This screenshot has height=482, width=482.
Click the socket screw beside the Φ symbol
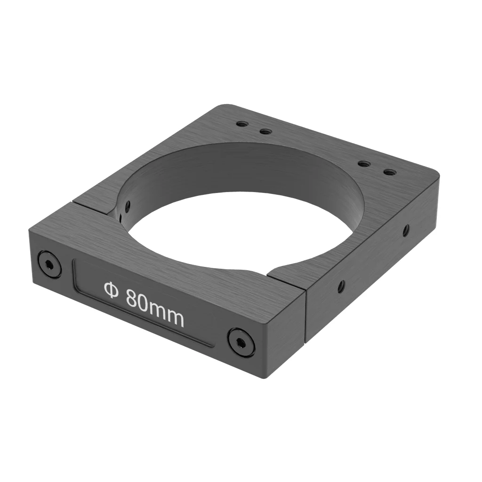click(49, 264)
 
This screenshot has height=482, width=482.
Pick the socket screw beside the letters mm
click(241, 340)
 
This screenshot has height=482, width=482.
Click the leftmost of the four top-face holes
click(242, 124)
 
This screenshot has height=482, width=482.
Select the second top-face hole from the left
click(266, 131)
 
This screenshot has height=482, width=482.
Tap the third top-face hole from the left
click(363, 164)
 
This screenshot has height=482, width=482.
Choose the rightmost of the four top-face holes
click(389, 172)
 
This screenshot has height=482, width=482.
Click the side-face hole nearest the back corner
click(405, 230)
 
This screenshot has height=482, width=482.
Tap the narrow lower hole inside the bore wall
click(120, 217)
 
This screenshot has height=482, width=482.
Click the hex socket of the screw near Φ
click(49, 264)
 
